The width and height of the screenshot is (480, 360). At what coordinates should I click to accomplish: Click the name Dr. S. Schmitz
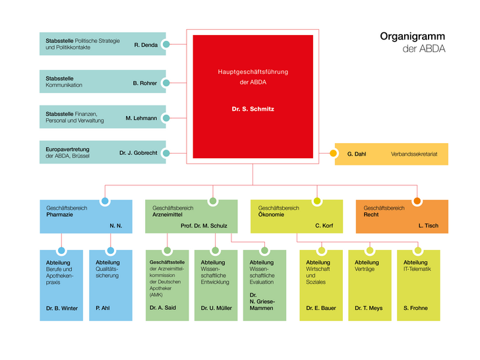click(x=253, y=109)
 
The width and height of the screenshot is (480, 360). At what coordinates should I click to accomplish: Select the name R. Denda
click(x=146, y=45)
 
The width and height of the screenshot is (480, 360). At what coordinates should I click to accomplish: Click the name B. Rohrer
click(x=144, y=83)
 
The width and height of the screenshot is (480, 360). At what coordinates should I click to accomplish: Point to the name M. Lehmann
click(x=142, y=118)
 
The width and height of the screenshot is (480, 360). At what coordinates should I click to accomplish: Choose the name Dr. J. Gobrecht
click(x=138, y=153)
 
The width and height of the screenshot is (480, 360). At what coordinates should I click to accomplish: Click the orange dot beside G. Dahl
click(x=333, y=154)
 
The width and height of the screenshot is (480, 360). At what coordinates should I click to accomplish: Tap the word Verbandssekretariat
click(x=414, y=154)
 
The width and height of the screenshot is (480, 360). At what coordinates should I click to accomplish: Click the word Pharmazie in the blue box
click(x=60, y=214)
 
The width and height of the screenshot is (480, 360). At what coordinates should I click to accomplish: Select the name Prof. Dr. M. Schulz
click(x=204, y=226)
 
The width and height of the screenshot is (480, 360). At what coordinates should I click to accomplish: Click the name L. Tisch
click(x=428, y=226)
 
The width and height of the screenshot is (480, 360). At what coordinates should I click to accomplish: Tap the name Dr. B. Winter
click(x=62, y=308)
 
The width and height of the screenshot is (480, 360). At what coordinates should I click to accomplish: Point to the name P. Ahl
click(x=102, y=308)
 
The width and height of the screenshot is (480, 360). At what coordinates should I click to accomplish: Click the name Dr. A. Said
click(x=163, y=308)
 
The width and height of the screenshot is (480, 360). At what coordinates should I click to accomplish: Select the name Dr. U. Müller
click(x=216, y=308)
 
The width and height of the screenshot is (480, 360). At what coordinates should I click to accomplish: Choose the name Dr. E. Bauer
click(x=321, y=308)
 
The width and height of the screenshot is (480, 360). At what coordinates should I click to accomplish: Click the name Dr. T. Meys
click(x=369, y=308)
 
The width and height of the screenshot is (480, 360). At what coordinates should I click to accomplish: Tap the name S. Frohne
click(x=417, y=308)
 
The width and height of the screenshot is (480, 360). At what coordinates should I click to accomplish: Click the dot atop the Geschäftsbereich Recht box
click(x=417, y=200)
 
